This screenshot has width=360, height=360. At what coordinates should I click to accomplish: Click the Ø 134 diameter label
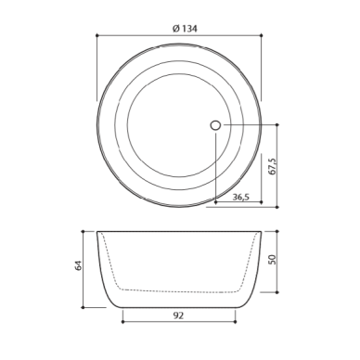tap(185, 29)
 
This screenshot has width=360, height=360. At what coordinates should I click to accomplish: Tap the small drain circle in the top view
tap(215, 125)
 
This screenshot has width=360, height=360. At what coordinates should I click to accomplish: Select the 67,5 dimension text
tap(273, 166)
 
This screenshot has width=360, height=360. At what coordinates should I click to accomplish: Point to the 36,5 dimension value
tap(241, 197)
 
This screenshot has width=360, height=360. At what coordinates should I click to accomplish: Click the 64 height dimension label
tap(79, 266)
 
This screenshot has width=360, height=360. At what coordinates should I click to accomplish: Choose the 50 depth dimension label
tap(272, 259)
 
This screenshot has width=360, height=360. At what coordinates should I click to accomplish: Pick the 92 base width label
tap(178, 315)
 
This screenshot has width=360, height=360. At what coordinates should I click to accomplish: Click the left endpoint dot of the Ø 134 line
tap(97, 35)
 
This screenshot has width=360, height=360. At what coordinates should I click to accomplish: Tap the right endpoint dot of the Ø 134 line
tap(262, 35)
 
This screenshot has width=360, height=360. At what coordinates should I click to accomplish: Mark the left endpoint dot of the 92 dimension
tap(122, 322)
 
